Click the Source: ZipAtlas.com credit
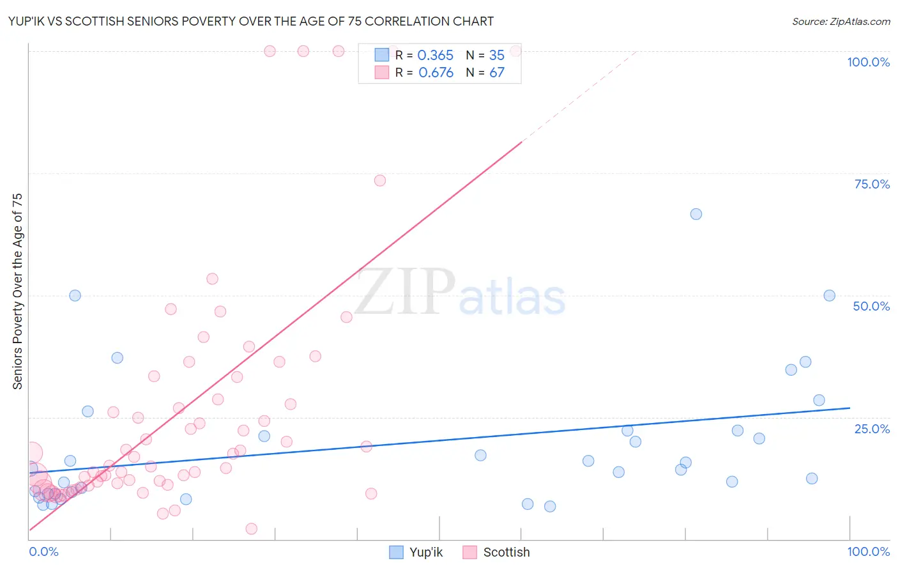tap(841, 21)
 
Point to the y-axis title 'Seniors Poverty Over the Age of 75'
tap(17, 291)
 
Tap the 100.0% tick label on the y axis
tap(868, 62)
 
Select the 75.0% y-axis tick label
tap(871, 184)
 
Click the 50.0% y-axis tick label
tap(871, 306)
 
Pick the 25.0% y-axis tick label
tap(871, 429)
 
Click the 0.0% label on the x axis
tap(43, 551)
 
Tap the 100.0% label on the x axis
tap(868, 551)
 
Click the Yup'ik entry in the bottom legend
tap(416, 552)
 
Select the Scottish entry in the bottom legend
tap(496, 552)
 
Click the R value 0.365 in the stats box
tap(435, 56)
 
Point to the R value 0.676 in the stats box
tap(436, 73)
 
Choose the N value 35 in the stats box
tap(496, 56)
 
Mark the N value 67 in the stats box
tap(496, 73)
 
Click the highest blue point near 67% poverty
tap(696, 214)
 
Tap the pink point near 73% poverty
tap(380, 181)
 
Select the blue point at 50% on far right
tap(829, 295)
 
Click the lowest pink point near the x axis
tap(251, 528)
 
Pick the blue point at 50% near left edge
tap(75, 295)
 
